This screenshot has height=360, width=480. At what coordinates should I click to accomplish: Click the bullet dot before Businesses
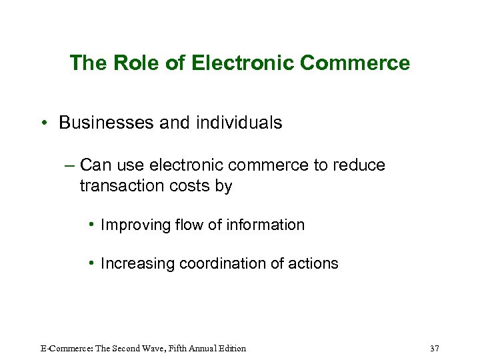coord(42,123)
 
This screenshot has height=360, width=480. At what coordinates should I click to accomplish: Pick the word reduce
coord(362,165)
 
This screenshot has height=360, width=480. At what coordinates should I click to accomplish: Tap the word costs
coord(194,186)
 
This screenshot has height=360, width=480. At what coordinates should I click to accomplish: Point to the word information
coord(265,225)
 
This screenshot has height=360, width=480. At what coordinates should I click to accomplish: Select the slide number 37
coord(435,349)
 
